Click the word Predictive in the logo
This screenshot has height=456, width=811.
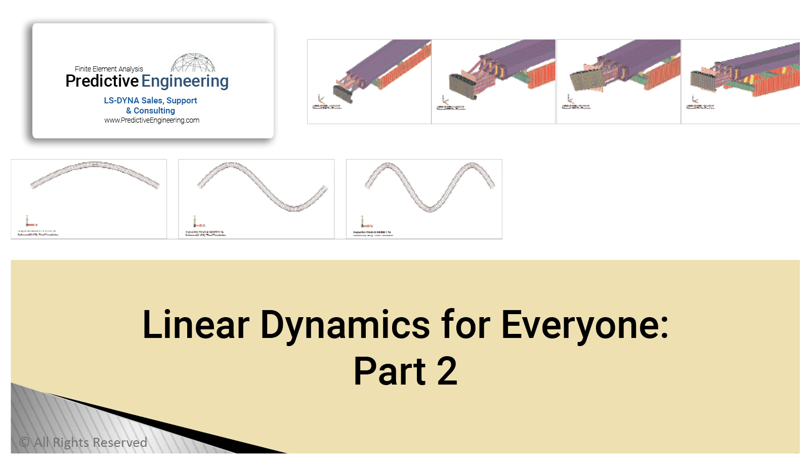(102, 81)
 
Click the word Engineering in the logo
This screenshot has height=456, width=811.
(185, 82)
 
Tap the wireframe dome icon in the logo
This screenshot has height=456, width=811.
(193, 63)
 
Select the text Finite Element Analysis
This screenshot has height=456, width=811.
(109, 69)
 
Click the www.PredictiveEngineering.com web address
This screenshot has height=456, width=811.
(152, 121)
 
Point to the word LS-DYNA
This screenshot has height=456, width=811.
(121, 101)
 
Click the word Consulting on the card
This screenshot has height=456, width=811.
(154, 110)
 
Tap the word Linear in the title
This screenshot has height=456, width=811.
(196, 325)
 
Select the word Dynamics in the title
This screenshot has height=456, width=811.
(345, 325)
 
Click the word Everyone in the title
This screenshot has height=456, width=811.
(584, 325)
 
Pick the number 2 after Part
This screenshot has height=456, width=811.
(447, 371)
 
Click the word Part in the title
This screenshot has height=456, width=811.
(390, 371)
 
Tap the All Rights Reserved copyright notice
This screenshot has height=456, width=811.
(83, 442)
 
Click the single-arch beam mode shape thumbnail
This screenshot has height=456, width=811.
(89, 199)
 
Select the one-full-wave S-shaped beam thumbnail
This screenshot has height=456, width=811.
(257, 199)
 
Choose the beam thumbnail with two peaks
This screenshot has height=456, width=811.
(424, 199)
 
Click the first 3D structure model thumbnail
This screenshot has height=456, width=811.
(369, 82)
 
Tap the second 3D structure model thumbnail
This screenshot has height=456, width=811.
(493, 82)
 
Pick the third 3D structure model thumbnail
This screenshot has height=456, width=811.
(618, 82)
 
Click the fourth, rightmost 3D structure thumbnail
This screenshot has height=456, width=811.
(741, 82)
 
